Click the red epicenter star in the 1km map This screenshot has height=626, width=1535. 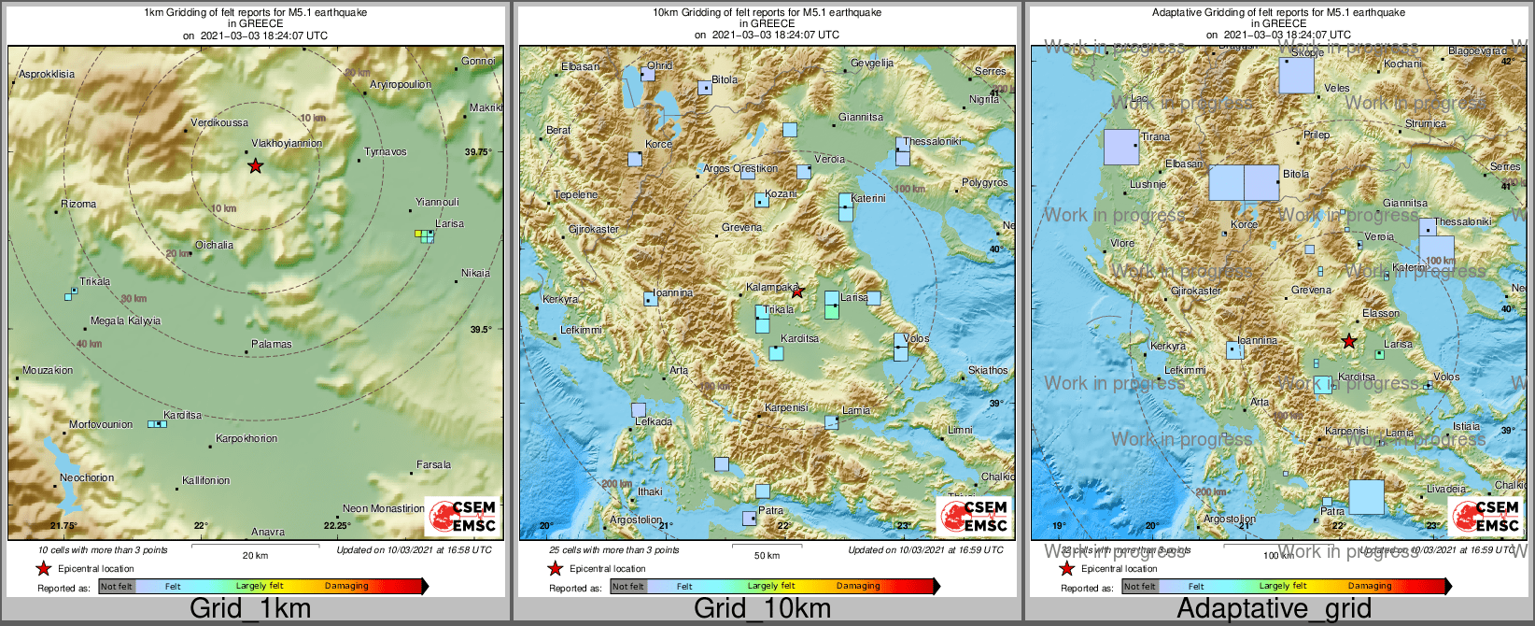click(255, 166)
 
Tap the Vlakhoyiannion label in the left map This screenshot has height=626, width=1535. click(287, 144)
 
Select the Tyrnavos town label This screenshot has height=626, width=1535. click(386, 152)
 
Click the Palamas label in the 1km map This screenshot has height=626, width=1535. click(272, 345)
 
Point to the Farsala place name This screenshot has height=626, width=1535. click(433, 465)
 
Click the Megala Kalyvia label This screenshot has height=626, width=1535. click(125, 321)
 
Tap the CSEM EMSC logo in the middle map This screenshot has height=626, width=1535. click(974, 516)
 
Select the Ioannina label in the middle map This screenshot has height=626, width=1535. click(672, 293)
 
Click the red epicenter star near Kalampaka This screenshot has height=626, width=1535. click(797, 292)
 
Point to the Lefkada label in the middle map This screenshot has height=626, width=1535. click(654, 422)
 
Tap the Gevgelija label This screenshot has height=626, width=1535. click(872, 64)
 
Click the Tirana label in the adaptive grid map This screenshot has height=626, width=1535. click(1155, 137)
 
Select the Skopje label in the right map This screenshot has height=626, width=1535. click(1307, 53)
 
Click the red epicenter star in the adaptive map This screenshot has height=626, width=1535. click(1348, 342)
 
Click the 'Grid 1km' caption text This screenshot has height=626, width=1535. click(250, 609)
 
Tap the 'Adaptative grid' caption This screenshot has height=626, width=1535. click(1274, 609)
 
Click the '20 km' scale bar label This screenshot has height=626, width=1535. click(255, 556)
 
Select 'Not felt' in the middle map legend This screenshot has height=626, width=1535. click(628, 587)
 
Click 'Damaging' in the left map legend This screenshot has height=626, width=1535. click(346, 587)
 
